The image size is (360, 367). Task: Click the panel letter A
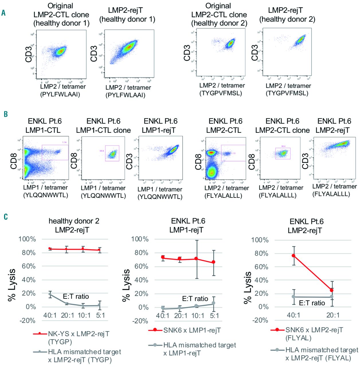[3, 13]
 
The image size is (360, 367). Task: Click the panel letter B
[5, 114]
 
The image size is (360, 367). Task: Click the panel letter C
[5, 216]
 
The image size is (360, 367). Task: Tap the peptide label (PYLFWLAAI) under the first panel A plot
[60, 94]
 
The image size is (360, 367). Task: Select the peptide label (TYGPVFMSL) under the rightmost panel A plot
[287, 93]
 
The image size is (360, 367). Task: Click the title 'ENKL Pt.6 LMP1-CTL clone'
[103, 126]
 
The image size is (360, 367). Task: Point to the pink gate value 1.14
[64, 142]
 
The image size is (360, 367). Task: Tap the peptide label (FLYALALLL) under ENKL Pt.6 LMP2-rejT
[331, 194]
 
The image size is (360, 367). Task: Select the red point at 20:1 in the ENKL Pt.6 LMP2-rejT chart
[332, 290]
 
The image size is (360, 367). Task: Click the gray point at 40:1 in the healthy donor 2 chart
[50, 294]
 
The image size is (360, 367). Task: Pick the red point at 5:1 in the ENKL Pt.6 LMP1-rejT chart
[214, 262]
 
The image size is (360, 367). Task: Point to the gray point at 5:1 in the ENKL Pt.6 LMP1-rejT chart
[214, 303]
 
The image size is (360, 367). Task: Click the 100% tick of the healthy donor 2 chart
[27, 239]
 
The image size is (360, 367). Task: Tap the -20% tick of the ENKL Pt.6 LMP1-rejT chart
[140, 321]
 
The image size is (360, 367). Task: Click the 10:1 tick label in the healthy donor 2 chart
[84, 315]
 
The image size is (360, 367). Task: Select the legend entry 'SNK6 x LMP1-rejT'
[192, 330]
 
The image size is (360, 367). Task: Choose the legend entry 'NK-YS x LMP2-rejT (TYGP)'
[78, 337]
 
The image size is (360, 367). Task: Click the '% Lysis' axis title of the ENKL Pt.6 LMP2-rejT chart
[248, 288]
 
